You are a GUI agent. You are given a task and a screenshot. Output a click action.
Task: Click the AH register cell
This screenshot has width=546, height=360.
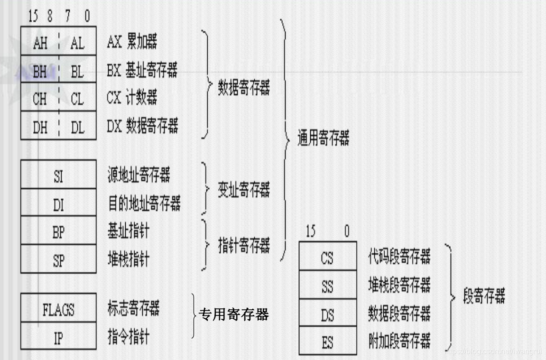click(x=40, y=43)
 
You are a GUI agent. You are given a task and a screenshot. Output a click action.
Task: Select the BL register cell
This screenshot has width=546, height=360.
click(x=77, y=72)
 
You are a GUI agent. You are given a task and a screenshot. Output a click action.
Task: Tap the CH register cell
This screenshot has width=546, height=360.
click(x=40, y=99)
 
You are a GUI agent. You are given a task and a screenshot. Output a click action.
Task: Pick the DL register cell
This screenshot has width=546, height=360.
click(x=77, y=127)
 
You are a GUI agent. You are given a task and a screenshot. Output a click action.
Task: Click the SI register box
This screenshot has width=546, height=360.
click(x=58, y=176)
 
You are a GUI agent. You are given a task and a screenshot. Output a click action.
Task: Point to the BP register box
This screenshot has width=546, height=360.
click(x=58, y=232)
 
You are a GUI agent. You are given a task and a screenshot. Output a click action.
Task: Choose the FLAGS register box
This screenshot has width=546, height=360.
click(x=58, y=310)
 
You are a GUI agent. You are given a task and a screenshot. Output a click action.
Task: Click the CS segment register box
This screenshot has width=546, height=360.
click(x=327, y=258)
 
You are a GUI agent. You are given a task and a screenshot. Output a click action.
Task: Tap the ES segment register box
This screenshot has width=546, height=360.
click(x=327, y=342)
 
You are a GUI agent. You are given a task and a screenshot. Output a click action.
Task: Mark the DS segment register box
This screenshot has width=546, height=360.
click(x=327, y=314)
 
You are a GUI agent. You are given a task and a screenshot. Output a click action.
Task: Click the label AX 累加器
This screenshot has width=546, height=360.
click(x=132, y=43)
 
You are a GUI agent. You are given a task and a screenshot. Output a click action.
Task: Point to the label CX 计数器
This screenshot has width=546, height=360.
click(x=132, y=99)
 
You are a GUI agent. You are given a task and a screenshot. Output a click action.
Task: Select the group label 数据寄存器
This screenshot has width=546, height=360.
click(x=244, y=88)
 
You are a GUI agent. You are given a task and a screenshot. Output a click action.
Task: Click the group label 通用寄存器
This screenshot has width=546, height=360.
click(x=324, y=138)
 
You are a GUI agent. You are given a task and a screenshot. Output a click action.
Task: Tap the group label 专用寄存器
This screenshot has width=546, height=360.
click(x=234, y=314)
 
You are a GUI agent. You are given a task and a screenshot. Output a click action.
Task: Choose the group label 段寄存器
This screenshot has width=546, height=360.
click(x=484, y=297)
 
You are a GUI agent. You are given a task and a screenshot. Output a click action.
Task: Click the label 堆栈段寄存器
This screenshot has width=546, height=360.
click(x=399, y=285)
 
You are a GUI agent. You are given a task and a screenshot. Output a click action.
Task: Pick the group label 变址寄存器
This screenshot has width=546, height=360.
click(x=244, y=190)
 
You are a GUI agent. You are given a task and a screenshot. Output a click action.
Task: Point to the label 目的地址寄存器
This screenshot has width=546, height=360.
click(x=144, y=204)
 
